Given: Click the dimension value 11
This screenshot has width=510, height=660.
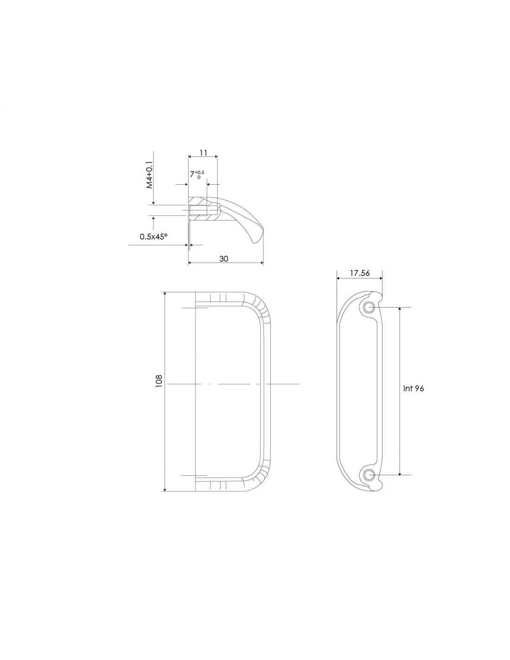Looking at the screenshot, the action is pos(203,153).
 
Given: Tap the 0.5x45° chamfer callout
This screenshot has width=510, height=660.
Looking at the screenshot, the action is pos(153,236).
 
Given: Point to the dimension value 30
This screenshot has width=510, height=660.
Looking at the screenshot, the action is pos(223,259).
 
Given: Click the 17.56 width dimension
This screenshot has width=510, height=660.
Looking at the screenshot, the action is pos(360,273).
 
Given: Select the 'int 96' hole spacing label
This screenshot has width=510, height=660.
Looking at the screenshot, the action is pos(413,388).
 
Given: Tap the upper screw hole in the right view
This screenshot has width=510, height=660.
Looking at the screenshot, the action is pos(369,307).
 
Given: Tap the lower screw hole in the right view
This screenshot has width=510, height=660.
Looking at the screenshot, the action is pos(369,474).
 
